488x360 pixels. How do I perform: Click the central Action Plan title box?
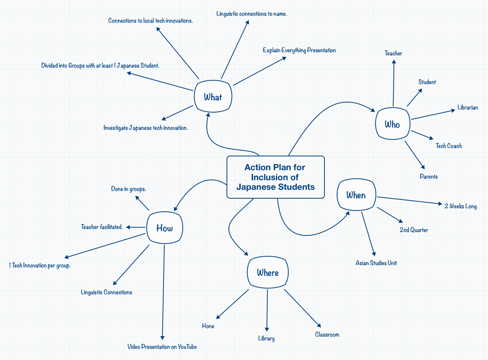coord(275,177)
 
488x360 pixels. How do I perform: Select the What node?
coord(213,97)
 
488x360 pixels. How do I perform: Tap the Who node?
coord(392,124)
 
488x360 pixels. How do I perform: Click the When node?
coord(356,195)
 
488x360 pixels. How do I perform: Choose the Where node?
coord(268,273)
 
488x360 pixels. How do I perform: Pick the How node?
coord(165,228)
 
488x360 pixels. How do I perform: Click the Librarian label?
coord(467,108)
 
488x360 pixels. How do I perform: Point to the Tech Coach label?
coord(448,146)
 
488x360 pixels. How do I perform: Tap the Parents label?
coord(428,177)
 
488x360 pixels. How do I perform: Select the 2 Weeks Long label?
coord(460,206)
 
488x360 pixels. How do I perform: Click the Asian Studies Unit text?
coord(376,263)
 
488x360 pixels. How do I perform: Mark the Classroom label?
coord(327,335)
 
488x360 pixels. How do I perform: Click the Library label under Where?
coord(266,338)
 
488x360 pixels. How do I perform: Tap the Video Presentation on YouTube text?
coord(162,347)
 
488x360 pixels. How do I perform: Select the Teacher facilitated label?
coord(102,227)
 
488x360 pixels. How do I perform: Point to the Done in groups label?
coord(129,189)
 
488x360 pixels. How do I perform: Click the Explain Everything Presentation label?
coord(299,50)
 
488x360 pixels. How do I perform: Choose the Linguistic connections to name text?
coord(251,14)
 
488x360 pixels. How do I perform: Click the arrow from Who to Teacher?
coord(394,83)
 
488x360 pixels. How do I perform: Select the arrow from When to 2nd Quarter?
coord(390,215)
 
